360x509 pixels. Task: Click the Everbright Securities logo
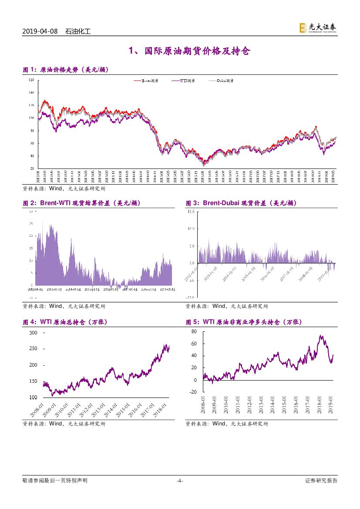coord(318,28)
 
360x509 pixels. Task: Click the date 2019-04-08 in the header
coord(41,32)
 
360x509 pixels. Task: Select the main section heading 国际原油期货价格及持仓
coord(190,52)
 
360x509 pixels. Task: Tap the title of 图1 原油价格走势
coord(66,70)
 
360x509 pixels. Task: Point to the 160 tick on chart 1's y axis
coord(30,80)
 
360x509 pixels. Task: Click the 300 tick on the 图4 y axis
coord(33,333)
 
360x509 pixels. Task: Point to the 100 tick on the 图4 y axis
coord(33,397)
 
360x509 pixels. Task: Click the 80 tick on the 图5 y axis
coord(194,331)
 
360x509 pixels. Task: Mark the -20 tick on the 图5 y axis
coord(193,392)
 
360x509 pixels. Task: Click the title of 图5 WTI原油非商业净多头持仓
coord(244,322)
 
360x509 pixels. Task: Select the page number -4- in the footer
coord(180,481)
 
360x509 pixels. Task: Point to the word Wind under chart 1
coord(56,189)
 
